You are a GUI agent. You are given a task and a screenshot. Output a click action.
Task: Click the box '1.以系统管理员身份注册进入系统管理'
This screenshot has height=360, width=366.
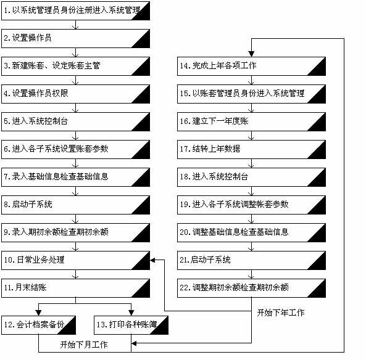click(75, 10)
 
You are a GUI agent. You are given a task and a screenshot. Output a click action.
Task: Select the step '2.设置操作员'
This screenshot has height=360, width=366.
click(75, 38)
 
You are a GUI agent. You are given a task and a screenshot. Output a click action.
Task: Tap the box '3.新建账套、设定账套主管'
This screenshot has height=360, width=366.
click(75, 66)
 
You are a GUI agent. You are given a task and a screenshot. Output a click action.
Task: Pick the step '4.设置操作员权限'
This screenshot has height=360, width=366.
click(75, 94)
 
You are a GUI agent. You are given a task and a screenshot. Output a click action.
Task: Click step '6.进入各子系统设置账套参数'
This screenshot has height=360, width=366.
click(75, 149)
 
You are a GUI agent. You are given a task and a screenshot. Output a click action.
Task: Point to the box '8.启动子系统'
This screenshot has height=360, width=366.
click(75, 205)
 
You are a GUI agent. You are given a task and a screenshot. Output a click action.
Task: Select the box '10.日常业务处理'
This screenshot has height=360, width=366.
click(75, 260)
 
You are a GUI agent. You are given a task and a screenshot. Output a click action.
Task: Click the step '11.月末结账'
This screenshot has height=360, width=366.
click(75, 288)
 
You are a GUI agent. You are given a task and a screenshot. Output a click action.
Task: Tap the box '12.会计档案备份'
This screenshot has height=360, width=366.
click(38, 324)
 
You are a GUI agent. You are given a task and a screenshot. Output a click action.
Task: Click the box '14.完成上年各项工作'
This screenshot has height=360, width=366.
click(251, 66)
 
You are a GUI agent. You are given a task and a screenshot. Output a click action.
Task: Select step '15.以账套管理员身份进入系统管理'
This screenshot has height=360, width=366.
click(251, 94)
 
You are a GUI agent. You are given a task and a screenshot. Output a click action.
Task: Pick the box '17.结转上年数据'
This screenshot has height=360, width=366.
click(251, 149)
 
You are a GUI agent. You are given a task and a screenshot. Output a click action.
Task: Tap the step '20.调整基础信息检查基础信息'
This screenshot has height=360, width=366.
click(251, 232)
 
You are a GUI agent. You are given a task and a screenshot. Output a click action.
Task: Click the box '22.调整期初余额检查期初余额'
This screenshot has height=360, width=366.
click(251, 288)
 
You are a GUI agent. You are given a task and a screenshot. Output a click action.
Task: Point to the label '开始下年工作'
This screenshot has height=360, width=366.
click(281, 313)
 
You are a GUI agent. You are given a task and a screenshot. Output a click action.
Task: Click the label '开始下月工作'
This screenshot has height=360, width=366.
click(84, 344)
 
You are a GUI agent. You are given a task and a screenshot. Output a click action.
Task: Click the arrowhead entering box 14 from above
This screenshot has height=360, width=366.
click(251, 53)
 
